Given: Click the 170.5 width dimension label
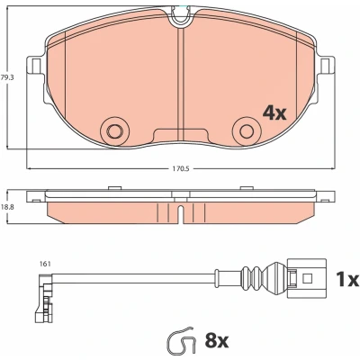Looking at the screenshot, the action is click(181, 169).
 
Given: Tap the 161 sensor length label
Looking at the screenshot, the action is click(45, 264).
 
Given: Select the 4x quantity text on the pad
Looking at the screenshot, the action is click(274, 113).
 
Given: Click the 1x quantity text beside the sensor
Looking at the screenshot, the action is click(347, 279).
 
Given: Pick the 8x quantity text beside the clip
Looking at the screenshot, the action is click(217, 341).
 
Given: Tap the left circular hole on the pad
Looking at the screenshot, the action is click(114, 131).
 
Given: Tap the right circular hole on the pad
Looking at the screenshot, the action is click(247, 131).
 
